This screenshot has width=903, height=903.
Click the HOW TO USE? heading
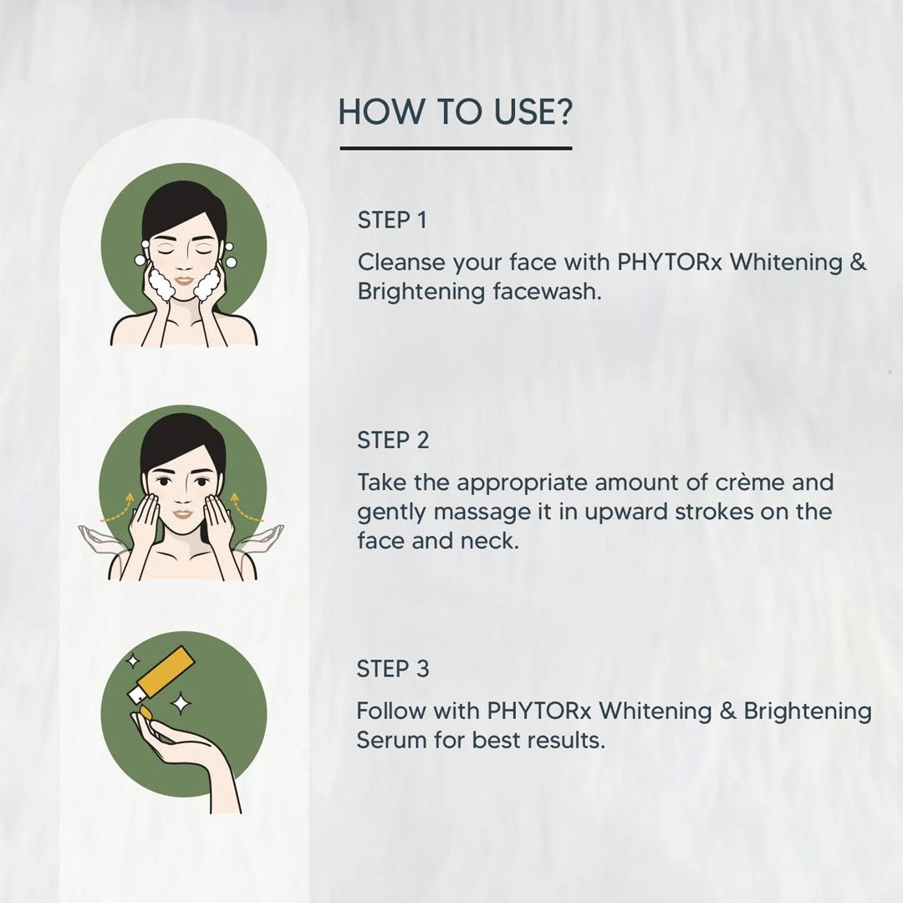tap(455, 112)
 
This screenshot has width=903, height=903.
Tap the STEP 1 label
tap(392, 221)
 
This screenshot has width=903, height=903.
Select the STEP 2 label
tap(393, 441)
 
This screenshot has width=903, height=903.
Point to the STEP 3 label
tap(393, 669)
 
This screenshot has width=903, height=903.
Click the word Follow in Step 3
tap(390, 712)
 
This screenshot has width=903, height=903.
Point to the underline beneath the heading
tap(456, 149)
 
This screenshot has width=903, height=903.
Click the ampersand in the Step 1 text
tap(858, 263)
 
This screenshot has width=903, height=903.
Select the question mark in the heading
tap(563, 112)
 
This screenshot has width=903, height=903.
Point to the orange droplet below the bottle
tap(145, 712)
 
